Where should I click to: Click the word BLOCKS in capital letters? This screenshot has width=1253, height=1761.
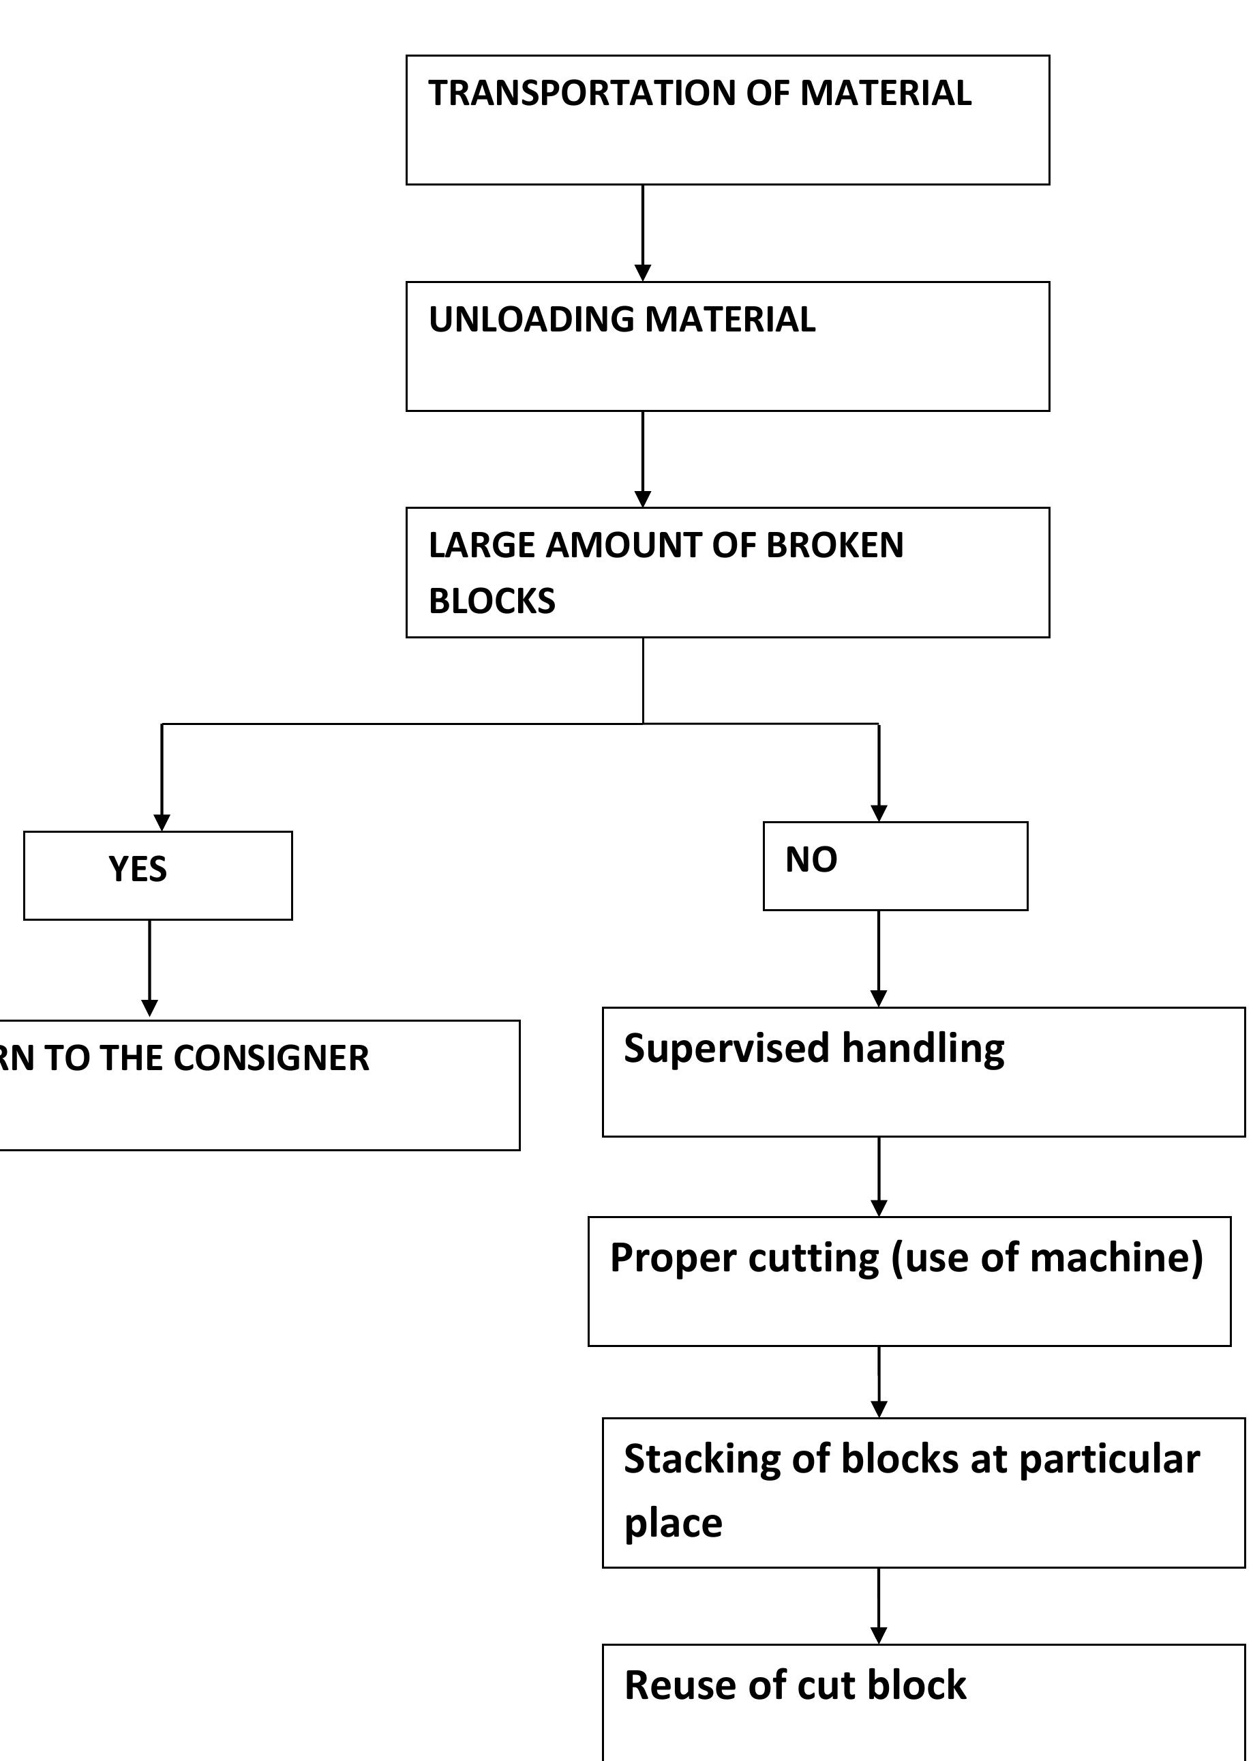click(492, 601)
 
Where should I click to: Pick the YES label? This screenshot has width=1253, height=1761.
click(137, 870)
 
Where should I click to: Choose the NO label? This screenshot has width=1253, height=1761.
click(811, 859)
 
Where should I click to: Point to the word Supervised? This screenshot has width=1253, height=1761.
click(726, 1049)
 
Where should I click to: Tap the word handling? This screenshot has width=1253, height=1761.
click(923, 1049)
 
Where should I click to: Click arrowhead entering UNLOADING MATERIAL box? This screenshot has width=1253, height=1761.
click(643, 273)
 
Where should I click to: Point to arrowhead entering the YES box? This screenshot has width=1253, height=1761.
click(162, 823)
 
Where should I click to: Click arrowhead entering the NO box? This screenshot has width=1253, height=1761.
click(879, 814)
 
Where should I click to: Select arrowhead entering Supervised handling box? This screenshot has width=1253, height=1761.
click(879, 998)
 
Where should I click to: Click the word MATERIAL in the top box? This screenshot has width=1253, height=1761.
click(885, 93)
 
